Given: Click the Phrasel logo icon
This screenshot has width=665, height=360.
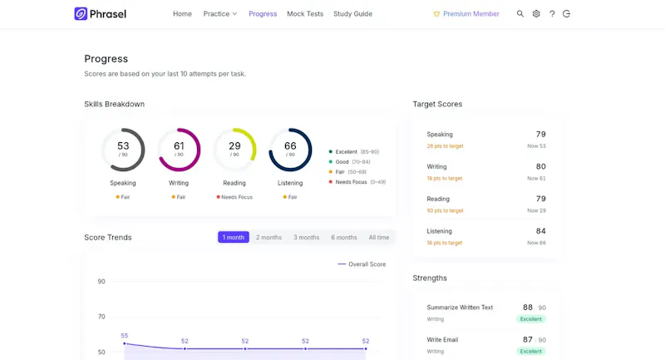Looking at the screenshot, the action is point(81,13).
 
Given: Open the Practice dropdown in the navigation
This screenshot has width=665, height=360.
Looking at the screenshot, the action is point(219,13).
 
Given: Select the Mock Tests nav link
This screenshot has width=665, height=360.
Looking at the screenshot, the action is point(305,13).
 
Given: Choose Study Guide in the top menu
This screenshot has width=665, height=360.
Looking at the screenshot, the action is point(352,13).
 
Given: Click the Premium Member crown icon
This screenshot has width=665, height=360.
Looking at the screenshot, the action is point(436,14).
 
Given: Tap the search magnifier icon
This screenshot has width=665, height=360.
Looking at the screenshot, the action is point(520,13).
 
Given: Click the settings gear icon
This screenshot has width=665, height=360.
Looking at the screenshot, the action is point(536,13).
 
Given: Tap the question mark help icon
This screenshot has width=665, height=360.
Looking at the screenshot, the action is point(552,13).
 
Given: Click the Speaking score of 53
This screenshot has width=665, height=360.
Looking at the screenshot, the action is point(123,145).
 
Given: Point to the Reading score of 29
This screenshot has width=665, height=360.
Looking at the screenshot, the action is point(234,145).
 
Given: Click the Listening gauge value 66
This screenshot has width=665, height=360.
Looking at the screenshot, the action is point(290,145).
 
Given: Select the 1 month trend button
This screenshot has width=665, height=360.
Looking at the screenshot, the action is point(234,237).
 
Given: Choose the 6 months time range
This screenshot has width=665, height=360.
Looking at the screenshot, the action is point(344,237).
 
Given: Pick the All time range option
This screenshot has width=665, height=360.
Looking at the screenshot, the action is point(379,237).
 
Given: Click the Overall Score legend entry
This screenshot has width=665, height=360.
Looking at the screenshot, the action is point(362,264).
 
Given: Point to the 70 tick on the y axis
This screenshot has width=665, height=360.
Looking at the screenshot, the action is point(101,316).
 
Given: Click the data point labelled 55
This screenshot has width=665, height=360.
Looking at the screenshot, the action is point(124,343).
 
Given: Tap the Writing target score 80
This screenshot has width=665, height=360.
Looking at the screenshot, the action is point(541,166).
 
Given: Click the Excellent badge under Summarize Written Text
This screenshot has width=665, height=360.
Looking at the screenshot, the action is point(531,319).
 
